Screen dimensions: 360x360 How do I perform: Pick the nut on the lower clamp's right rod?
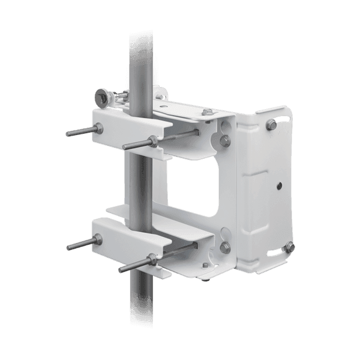pyautogui.click(x=151, y=259)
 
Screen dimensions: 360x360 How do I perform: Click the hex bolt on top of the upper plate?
pyautogui.click(x=208, y=112)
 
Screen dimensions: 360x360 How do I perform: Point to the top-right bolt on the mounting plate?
pyautogui.click(x=271, y=124)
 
